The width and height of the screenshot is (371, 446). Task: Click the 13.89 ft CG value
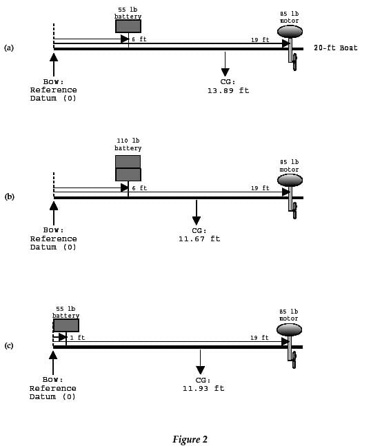(228, 91)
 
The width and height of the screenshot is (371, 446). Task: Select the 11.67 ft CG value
(199, 239)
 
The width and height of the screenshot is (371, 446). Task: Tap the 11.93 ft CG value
(203, 388)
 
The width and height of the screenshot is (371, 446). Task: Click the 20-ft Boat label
(336, 48)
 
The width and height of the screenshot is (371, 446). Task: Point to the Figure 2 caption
(190, 439)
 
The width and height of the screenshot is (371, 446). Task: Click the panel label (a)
(9, 48)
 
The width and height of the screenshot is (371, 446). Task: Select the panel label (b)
(9, 196)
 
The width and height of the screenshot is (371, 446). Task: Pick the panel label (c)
(9, 345)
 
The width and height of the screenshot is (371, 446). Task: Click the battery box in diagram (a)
(128, 26)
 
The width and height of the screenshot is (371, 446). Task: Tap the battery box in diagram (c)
(66, 325)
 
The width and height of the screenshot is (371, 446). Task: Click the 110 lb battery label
(128, 144)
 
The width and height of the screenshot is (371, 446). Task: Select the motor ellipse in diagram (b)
(290, 181)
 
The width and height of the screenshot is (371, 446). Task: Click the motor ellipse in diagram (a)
(290, 31)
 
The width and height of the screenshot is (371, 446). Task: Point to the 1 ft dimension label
(77, 338)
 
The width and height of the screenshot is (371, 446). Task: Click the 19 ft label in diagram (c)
(259, 338)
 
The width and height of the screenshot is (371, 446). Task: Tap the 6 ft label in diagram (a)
(139, 39)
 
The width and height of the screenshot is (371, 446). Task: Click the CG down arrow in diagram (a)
(225, 64)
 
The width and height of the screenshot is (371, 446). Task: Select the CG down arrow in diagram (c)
(200, 362)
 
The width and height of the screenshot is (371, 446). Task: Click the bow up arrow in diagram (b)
(54, 213)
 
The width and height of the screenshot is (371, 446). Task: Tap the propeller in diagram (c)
(294, 360)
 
